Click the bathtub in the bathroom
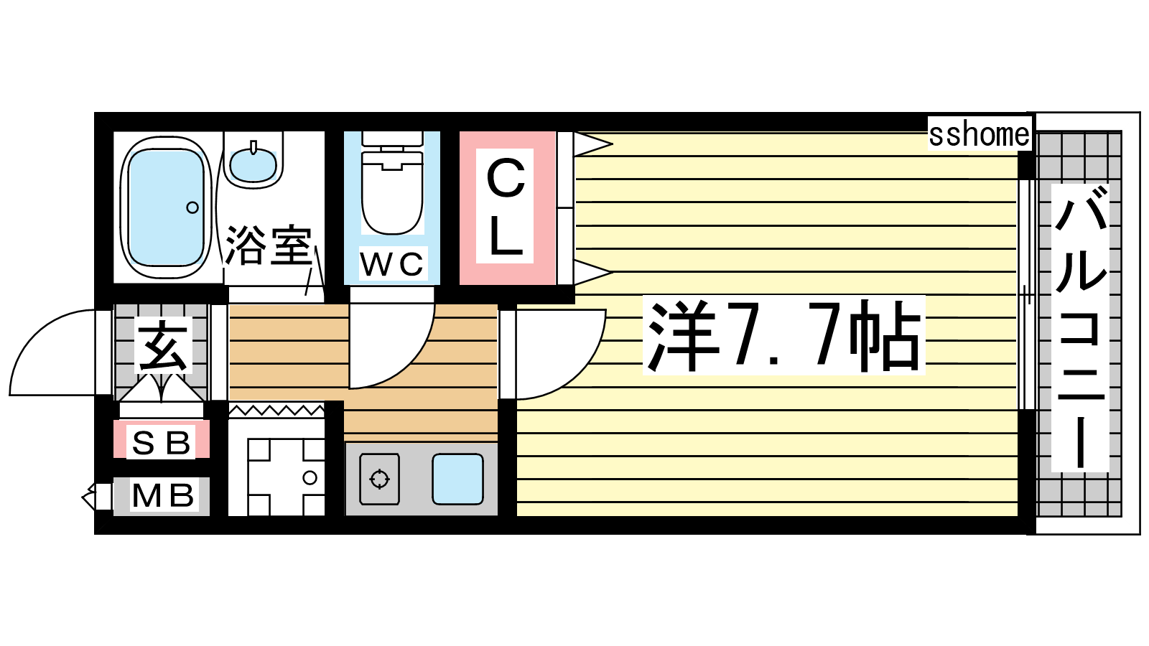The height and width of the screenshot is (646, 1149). click(x=166, y=207)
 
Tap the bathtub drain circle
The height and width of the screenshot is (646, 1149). click(x=192, y=207)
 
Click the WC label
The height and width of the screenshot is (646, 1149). click(x=392, y=263)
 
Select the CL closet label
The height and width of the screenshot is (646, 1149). click(x=506, y=206)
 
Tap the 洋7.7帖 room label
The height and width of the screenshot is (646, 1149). click(x=784, y=335)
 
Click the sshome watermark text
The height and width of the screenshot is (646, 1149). click(x=980, y=134)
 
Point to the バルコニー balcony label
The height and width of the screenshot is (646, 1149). click(x=1080, y=327)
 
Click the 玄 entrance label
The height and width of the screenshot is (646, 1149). click(x=163, y=345)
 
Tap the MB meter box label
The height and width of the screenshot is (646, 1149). click(x=163, y=495)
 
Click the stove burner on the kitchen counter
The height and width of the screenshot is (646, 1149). click(x=380, y=479)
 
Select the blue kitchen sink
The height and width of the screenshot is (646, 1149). click(x=457, y=479)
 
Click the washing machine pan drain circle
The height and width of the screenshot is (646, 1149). click(x=310, y=478)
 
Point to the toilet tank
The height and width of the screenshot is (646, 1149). click(x=392, y=139)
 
